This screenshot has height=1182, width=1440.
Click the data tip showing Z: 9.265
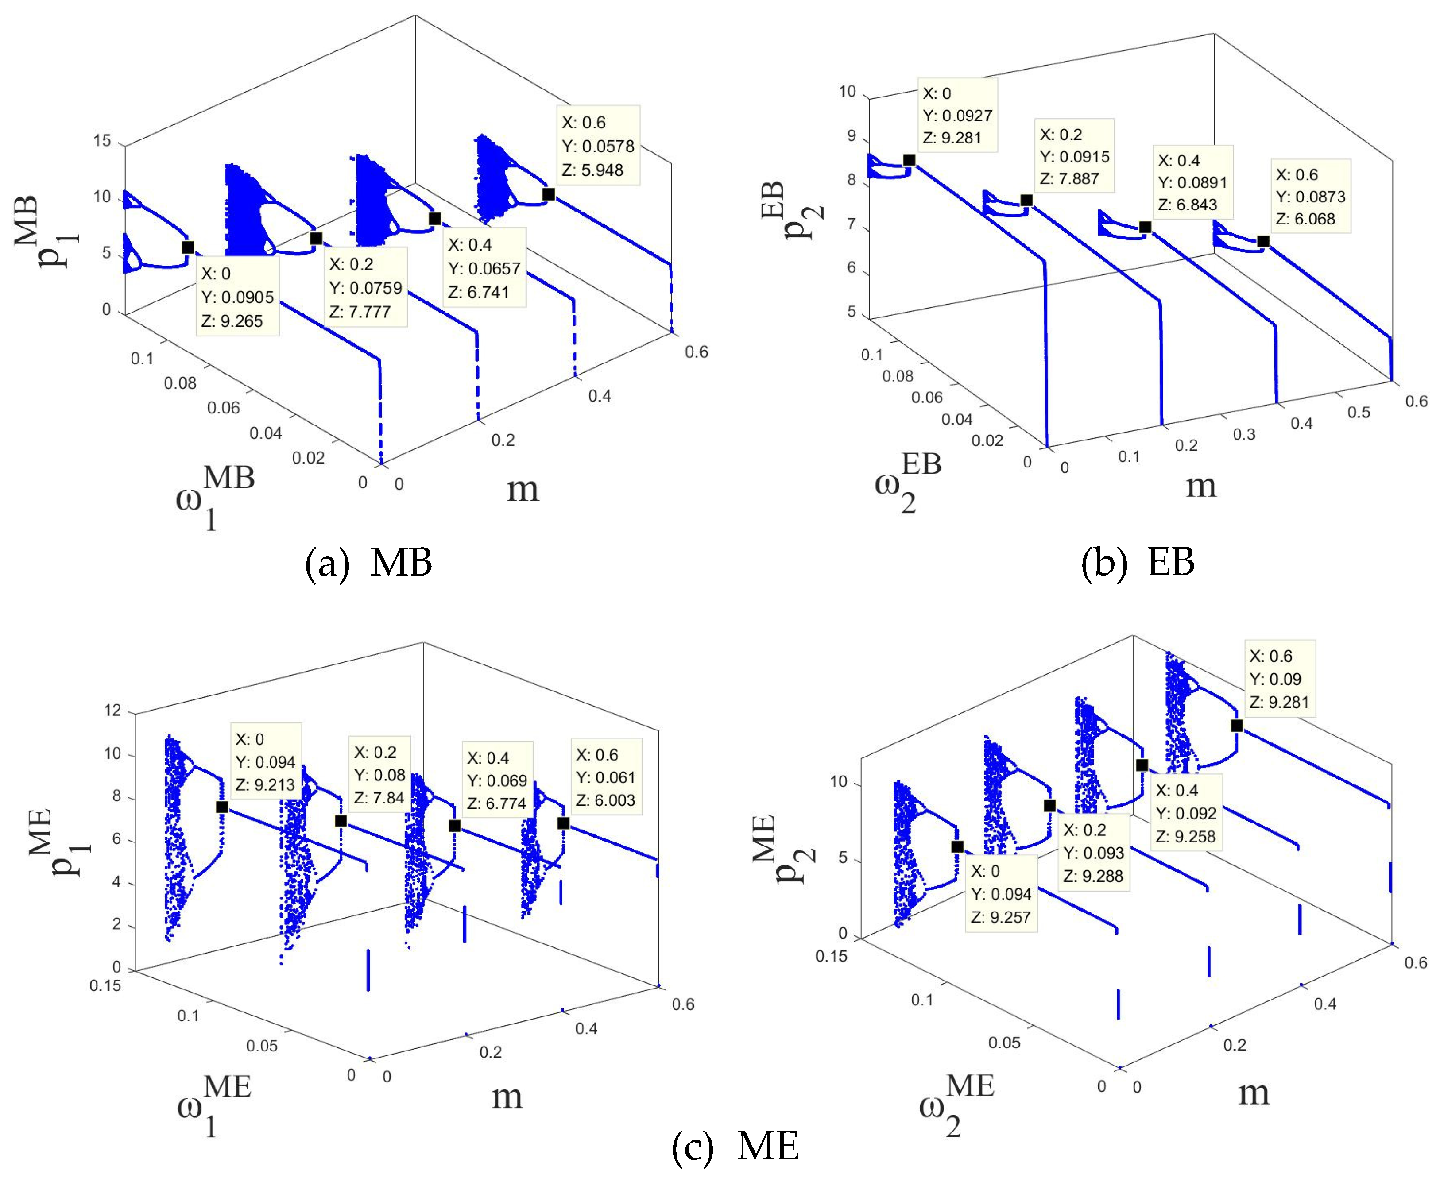[x=238, y=297]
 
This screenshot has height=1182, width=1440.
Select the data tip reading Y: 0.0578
[x=598, y=146]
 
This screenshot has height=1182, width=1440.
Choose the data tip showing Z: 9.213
[x=265, y=762]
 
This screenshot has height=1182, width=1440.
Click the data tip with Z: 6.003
[x=605, y=777]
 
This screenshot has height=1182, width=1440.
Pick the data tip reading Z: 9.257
[x=1000, y=894]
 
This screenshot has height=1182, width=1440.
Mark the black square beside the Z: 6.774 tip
[x=454, y=826]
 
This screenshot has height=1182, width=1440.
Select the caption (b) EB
[x=1138, y=562]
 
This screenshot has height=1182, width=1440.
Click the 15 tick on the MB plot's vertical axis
[x=102, y=141]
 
